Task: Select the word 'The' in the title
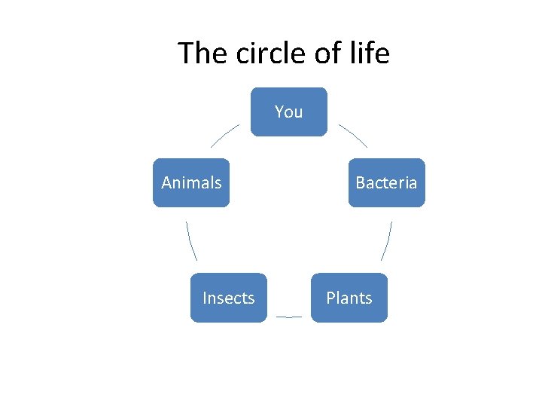pos(201,54)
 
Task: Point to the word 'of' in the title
pos(324,54)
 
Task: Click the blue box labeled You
pos(289,112)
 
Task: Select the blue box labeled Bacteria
pos(386,182)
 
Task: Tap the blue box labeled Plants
pos(349,298)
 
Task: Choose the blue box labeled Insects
pos(228,298)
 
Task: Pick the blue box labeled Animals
pos(191,182)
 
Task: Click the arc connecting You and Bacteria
pos(352,135)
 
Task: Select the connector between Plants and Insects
pos(289,317)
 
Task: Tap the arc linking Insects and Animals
pos(190,241)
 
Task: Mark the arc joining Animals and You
pos(224,135)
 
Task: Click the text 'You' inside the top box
pos(289,112)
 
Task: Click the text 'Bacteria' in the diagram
pos(386,183)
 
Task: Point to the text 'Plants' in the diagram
pos(349,298)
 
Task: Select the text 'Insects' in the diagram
pos(228,298)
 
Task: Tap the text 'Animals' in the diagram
pos(191,183)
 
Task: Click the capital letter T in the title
pos(186,54)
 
